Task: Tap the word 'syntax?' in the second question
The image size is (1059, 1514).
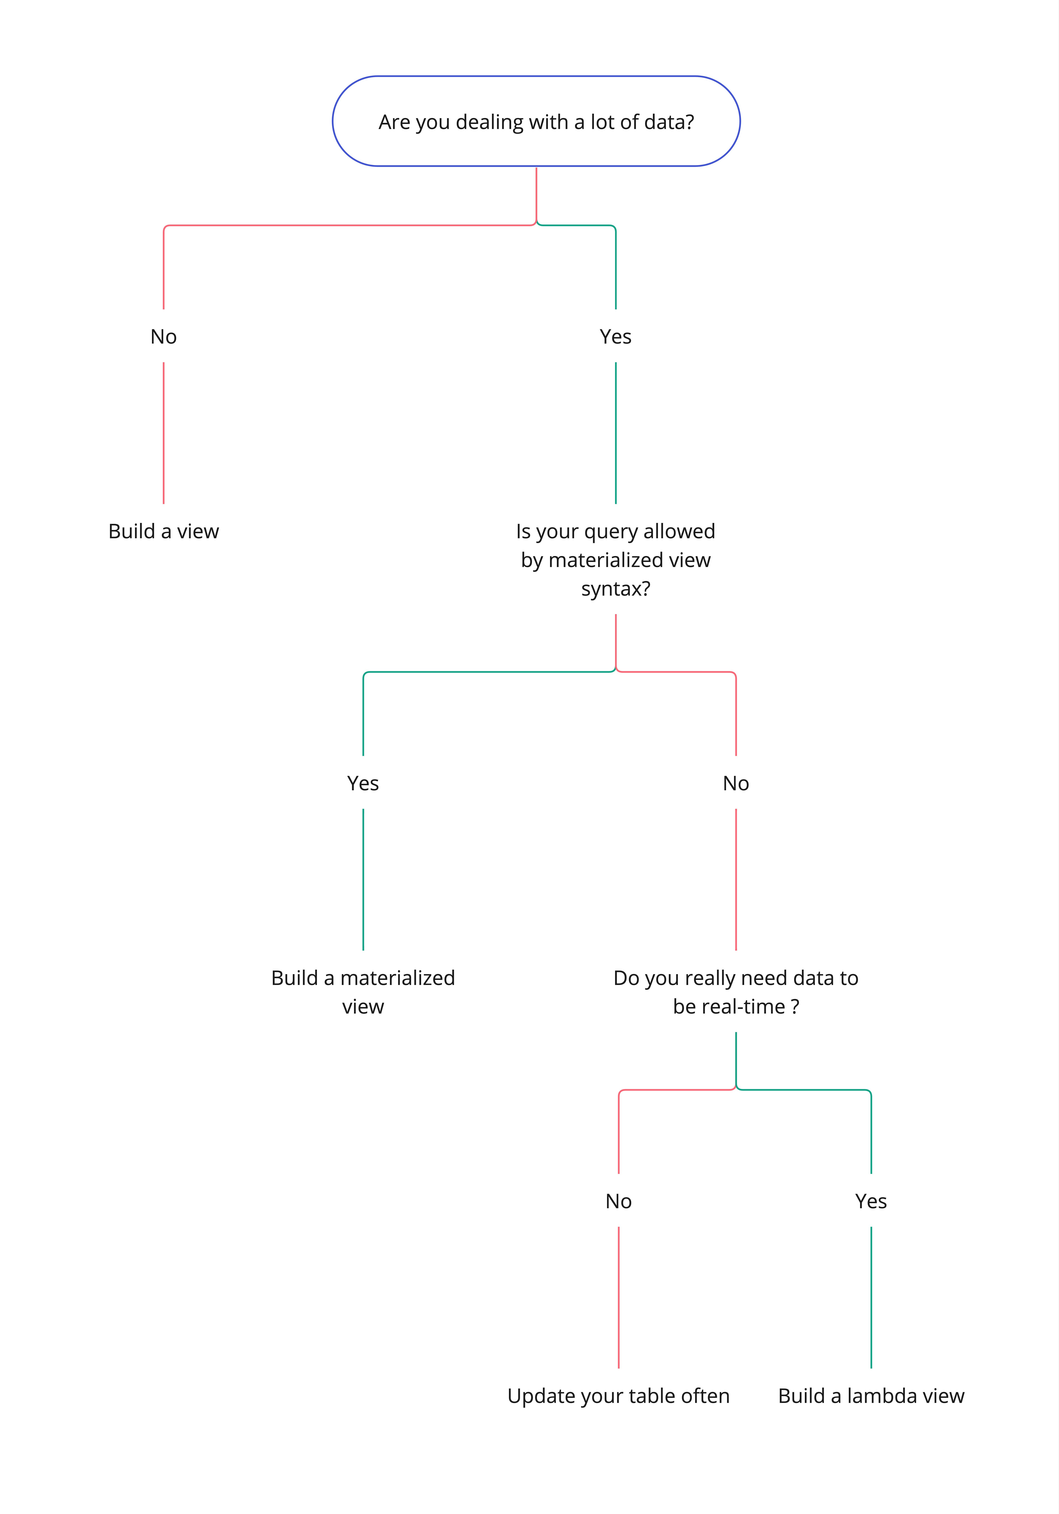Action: (615, 588)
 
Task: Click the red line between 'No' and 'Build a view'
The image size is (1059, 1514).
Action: (164, 433)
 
